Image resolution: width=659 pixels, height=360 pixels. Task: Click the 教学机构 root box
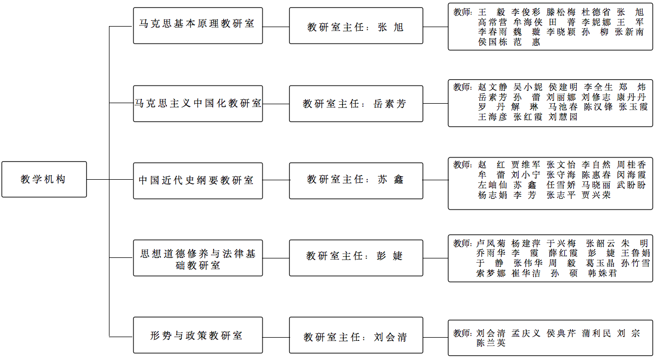[x=44, y=179]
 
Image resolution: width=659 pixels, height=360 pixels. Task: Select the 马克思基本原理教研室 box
[x=198, y=26]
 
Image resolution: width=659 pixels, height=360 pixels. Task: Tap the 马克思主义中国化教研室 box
[x=198, y=104]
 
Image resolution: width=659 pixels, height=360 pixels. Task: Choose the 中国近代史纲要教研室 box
[x=198, y=181]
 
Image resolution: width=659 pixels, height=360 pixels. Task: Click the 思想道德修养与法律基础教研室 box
[x=198, y=258]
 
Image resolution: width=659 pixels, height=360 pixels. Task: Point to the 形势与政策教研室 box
[x=198, y=335]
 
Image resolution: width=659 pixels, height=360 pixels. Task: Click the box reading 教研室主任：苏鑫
[x=356, y=181]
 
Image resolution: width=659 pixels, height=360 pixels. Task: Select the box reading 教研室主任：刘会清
[x=356, y=335]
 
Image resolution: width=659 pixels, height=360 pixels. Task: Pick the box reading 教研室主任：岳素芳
[x=356, y=104]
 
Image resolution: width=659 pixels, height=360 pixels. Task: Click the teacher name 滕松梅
[x=561, y=12]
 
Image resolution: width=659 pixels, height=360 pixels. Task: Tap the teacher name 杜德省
[x=596, y=12]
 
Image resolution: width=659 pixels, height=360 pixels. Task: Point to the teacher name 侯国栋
[x=493, y=42]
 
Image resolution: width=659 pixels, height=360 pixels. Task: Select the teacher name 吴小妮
[x=528, y=87]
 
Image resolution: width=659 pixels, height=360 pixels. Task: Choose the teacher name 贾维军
[x=526, y=164]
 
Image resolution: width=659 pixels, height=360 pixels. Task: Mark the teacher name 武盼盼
[x=631, y=185]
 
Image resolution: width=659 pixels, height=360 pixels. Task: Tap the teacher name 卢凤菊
[x=491, y=243]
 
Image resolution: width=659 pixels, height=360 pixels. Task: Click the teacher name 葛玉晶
[x=600, y=263]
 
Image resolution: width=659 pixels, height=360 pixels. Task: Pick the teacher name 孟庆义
[x=526, y=333]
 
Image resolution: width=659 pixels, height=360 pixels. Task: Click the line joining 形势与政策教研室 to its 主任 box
[x=276, y=337]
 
